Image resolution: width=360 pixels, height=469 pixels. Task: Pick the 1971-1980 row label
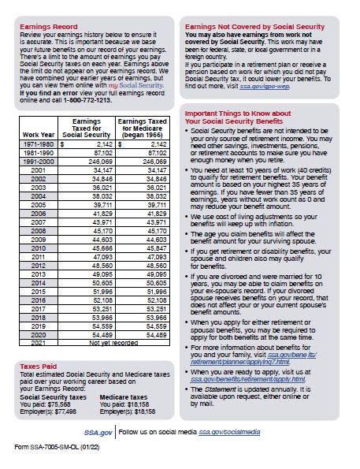37,146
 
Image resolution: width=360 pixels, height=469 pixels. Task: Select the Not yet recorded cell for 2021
115,344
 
